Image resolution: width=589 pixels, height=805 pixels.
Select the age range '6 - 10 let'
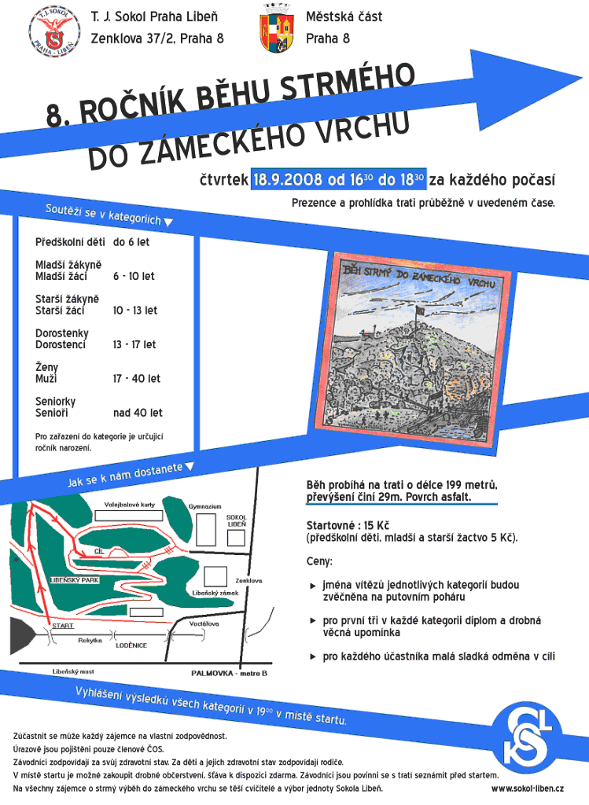(x=134, y=276)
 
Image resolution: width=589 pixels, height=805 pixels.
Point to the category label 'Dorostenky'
(x=62, y=333)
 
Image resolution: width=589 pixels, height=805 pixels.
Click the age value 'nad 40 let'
(x=138, y=413)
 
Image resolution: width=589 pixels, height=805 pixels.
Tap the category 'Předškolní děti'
(x=70, y=242)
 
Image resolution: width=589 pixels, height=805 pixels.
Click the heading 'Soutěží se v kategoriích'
(x=103, y=215)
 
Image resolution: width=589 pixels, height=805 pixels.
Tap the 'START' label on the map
(x=62, y=626)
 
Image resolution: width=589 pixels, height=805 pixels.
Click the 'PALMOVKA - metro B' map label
(x=230, y=673)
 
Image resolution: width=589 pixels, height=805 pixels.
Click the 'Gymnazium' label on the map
(x=205, y=505)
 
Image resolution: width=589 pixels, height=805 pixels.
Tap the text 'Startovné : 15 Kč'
(x=348, y=525)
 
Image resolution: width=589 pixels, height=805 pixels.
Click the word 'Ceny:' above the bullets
(x=319, y=562)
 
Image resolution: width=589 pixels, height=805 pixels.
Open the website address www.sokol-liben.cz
(x=527, y=788)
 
